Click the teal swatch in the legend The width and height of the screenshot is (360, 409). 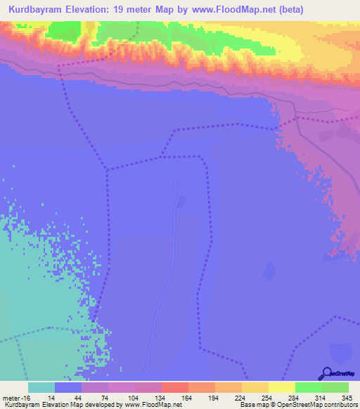tap(41, 387)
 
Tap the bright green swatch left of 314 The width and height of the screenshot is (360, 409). tap(308, 387)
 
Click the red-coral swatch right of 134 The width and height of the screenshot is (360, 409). tap(174, 387)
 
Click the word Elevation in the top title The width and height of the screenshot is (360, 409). tap(96, 8)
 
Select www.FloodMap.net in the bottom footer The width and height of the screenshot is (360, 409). tap(153, 405)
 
